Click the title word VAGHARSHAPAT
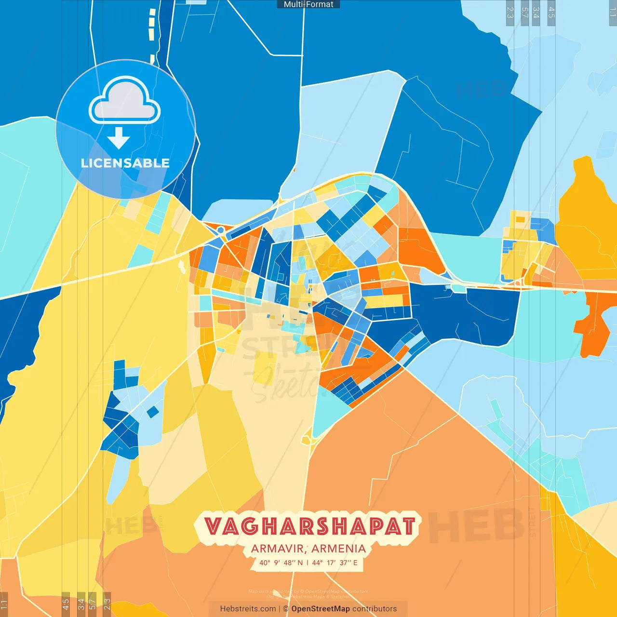coord(309,526)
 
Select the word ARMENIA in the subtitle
coord(338,549)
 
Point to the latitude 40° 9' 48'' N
coord(281,563)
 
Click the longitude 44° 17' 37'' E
coord(335,563)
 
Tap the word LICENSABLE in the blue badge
coord(125,163)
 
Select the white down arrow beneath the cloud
coord(119,138)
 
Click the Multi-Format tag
coord(308,4)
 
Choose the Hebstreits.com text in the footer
coord(248,609)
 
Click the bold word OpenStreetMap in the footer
coord(321,609)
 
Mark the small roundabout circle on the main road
coord(220,230)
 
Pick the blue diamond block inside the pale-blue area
coord(152,412)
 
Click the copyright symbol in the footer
coord(286,609)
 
